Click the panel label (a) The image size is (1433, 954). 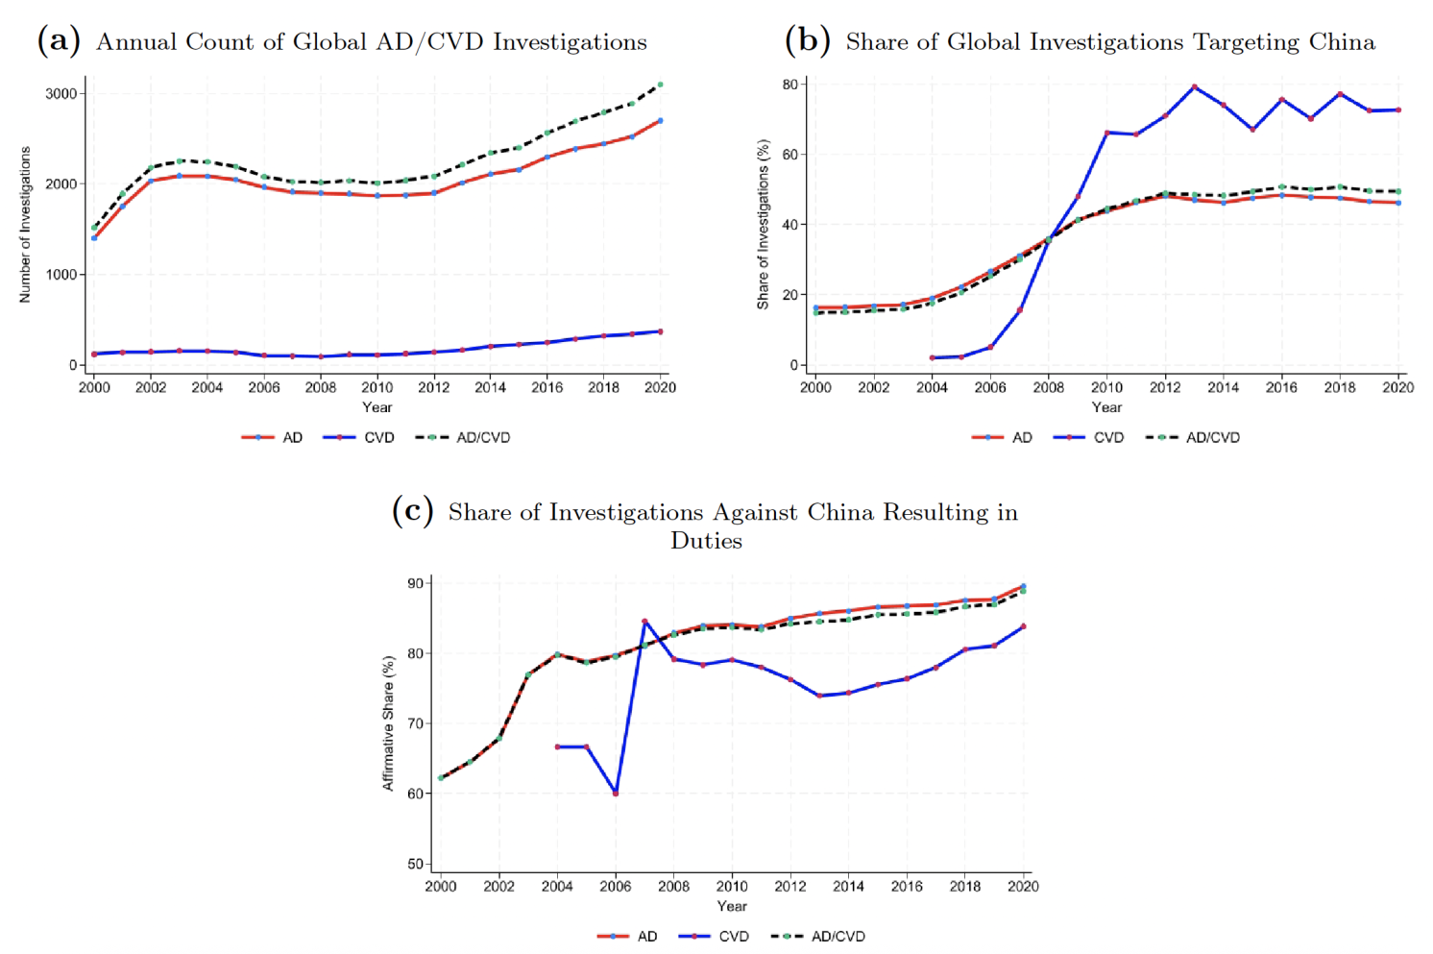tap(59, 41)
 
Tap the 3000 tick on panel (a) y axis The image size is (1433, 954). tap(61, 94)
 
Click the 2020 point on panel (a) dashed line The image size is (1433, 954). tap(661, 85)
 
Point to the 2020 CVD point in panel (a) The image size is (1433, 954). tap(661, 331)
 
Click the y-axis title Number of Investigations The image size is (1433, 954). tap(25, 225)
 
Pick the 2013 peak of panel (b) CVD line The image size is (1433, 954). tap(1194, 87)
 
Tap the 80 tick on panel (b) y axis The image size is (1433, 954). tap(789, 85)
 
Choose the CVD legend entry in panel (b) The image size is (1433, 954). tap(1089, 437)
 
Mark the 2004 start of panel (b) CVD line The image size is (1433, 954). tap(932, 358)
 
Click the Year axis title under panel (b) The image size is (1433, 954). tap(1106, 407)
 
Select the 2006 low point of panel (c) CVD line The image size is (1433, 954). tap(616, 794)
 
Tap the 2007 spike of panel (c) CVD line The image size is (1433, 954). tap(644, 622)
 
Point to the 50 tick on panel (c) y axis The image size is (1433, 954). tap(415, 864)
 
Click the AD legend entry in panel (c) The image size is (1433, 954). tap(629, 936)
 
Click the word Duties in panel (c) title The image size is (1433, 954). tap(706, 541)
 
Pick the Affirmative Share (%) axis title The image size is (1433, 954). tap(389, 723)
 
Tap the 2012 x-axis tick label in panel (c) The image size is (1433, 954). tap(790, 886)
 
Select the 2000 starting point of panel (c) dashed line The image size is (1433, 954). tap(441, 778)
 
